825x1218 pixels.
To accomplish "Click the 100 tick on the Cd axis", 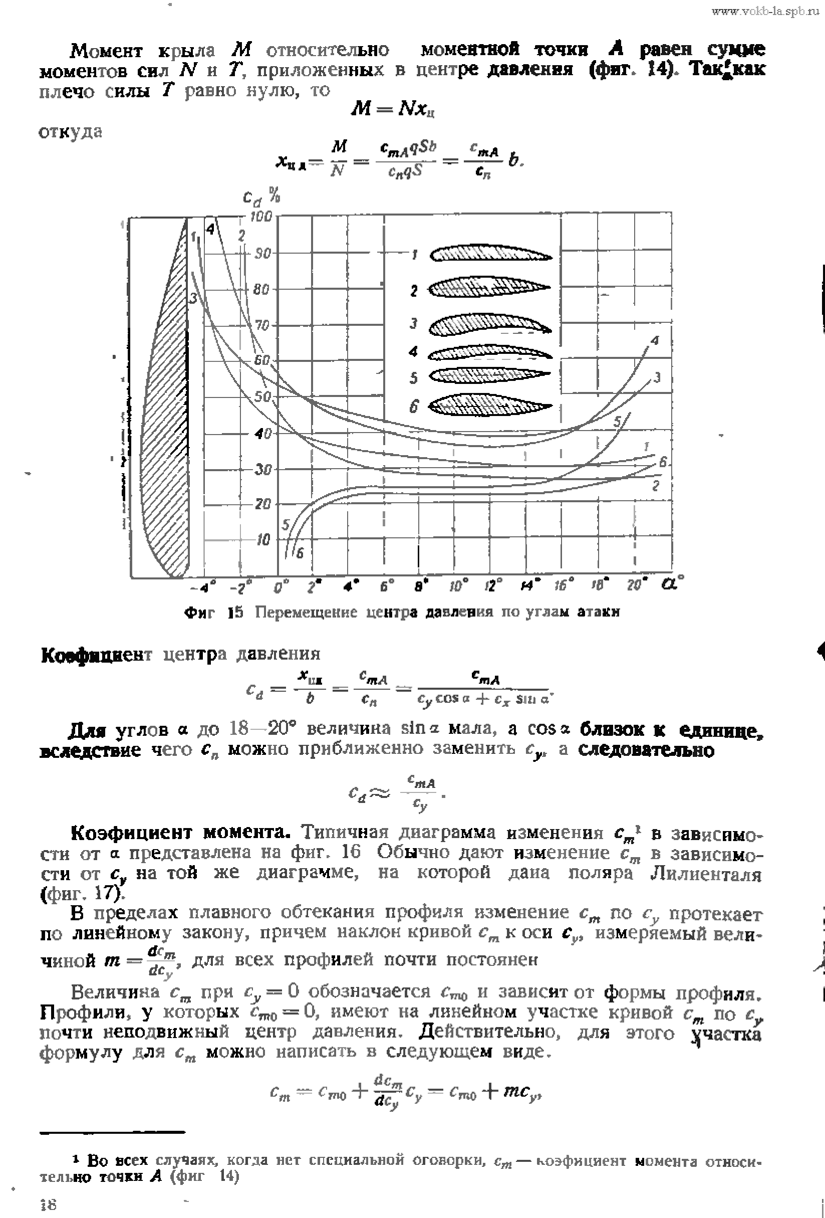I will tap(262, 217).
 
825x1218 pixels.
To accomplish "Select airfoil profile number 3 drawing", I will tap(491, 325).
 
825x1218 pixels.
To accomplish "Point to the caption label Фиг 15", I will tap(214, 612).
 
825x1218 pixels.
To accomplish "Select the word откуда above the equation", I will tap(71, 132).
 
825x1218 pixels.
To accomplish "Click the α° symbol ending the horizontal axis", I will tap(673, 583).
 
